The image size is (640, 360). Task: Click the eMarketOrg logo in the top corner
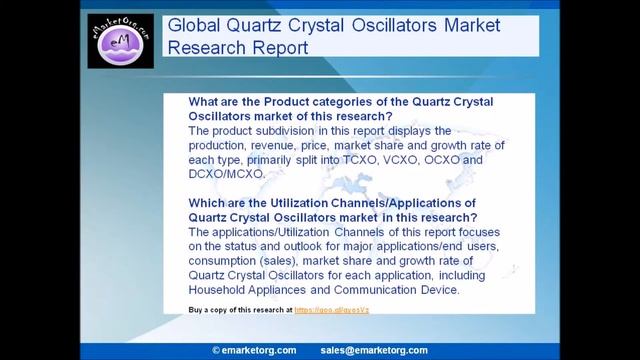120,41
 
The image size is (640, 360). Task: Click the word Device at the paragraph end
436,290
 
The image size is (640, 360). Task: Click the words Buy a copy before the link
212,311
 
